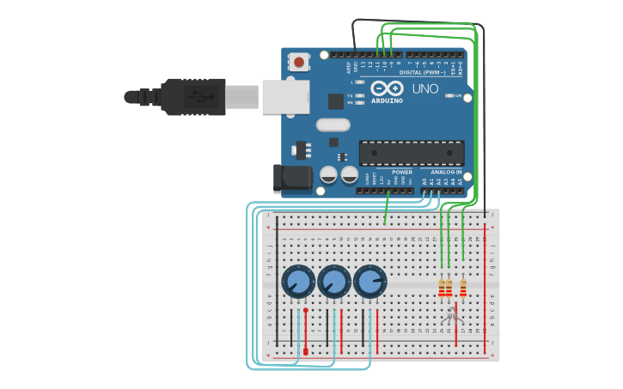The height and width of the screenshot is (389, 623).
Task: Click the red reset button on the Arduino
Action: point(299,62)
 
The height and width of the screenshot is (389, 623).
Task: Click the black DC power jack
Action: point(292,178)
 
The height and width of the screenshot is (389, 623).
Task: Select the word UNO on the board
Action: point(425,88)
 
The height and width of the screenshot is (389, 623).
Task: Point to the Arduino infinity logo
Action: point(387,88)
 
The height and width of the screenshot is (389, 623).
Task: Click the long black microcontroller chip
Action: point(412,153)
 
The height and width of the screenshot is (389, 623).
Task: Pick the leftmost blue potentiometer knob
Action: point(298,282)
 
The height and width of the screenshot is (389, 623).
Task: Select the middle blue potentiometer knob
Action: point(334,282)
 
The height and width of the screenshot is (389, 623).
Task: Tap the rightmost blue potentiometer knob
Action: point(370,282)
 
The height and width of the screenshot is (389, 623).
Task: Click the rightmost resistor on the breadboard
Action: point(463,288)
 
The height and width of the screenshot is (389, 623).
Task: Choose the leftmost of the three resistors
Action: point(442,288)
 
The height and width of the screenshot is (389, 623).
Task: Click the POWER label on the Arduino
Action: point(401,172)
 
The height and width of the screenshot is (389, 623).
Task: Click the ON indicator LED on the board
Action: point(449,95)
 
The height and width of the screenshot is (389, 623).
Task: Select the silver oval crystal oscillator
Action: point(333,125)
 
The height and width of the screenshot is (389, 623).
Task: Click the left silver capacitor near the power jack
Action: point(328,175)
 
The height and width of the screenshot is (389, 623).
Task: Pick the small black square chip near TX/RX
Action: point(335,101)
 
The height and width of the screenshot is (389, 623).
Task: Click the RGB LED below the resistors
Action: point(452,319)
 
